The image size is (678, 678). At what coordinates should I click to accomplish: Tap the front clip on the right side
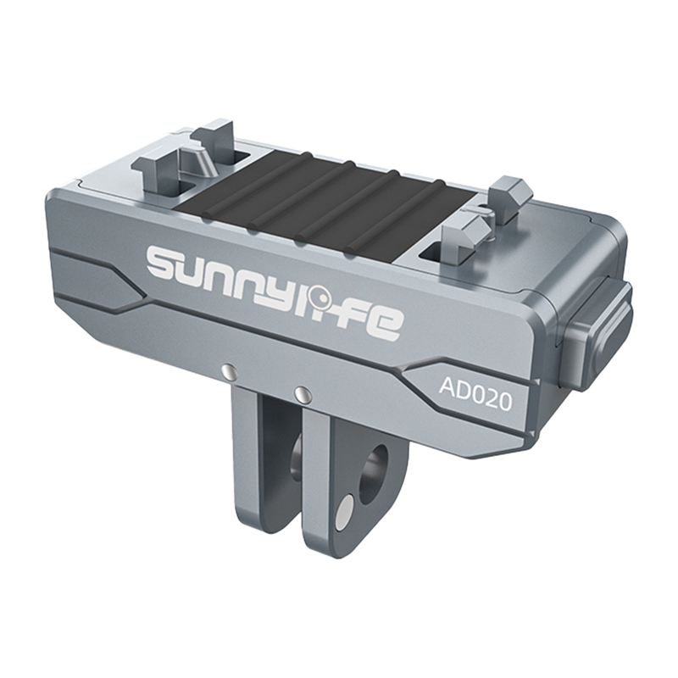(462, 233)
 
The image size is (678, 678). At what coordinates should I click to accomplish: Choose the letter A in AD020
(447, 386)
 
